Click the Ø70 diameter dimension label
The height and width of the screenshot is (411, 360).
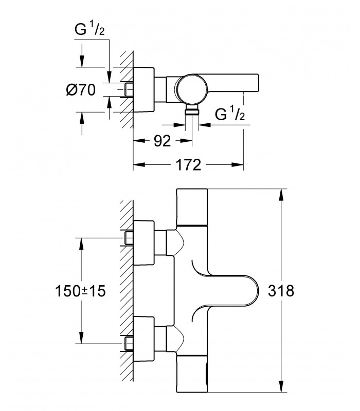[x=81, y=90]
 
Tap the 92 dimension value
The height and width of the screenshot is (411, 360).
[x=163, y=141]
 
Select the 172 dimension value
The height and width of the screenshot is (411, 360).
[x=188, y=165]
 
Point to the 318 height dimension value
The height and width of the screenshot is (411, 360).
[x=281, y=291]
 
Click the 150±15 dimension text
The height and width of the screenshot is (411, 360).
[x=80, y=291]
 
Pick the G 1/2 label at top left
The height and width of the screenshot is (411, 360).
[x=89, y=29]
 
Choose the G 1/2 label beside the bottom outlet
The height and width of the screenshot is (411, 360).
[x=230, y=114]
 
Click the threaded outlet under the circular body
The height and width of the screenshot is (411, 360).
[x=192, y=110]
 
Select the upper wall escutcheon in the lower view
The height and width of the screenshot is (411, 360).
[x=144, y=242]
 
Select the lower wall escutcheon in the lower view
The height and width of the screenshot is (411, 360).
[x=144, y=339]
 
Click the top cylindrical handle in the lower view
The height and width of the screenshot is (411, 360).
[x=192, y=207]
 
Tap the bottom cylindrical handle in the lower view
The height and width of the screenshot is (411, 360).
[x=192, y=374]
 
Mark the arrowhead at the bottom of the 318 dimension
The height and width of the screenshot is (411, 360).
[x=281, y=387]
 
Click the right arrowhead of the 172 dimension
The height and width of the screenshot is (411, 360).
[x=238, y=165]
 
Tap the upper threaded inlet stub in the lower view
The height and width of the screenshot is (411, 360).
[x=129, y=238]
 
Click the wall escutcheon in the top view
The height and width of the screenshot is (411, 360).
[x=144, y=89]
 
